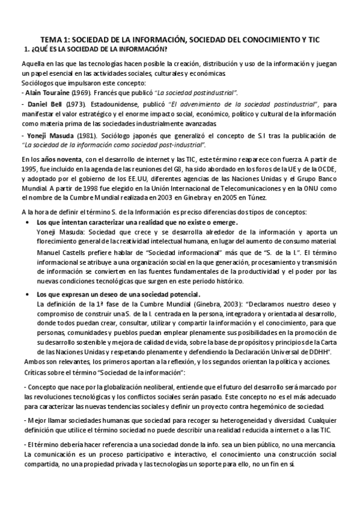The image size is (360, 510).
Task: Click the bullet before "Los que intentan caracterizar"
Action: tap(30, 223)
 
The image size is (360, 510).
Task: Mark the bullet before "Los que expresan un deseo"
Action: tap(30, 295)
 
